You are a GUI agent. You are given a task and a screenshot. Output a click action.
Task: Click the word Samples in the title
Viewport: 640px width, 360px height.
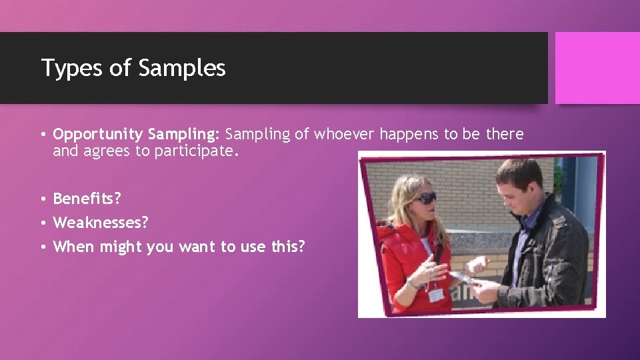(181, 68)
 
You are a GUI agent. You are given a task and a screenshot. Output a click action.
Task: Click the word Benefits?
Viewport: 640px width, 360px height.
(87, 199)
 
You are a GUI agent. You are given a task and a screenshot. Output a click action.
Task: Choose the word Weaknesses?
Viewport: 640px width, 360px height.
(100, 222)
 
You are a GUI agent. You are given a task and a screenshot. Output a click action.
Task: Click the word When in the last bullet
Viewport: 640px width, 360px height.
(73, 247)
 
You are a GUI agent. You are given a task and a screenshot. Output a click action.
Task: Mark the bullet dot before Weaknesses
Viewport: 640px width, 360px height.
(43, 223)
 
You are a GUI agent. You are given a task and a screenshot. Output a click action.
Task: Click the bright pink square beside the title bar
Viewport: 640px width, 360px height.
(597, 68)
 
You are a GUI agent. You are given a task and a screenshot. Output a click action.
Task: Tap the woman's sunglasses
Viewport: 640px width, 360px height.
(424, 198)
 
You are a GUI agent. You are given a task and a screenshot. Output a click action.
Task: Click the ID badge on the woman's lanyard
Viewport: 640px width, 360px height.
(436, 294)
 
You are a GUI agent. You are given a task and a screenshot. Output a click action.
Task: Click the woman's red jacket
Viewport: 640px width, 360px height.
(400, 260)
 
